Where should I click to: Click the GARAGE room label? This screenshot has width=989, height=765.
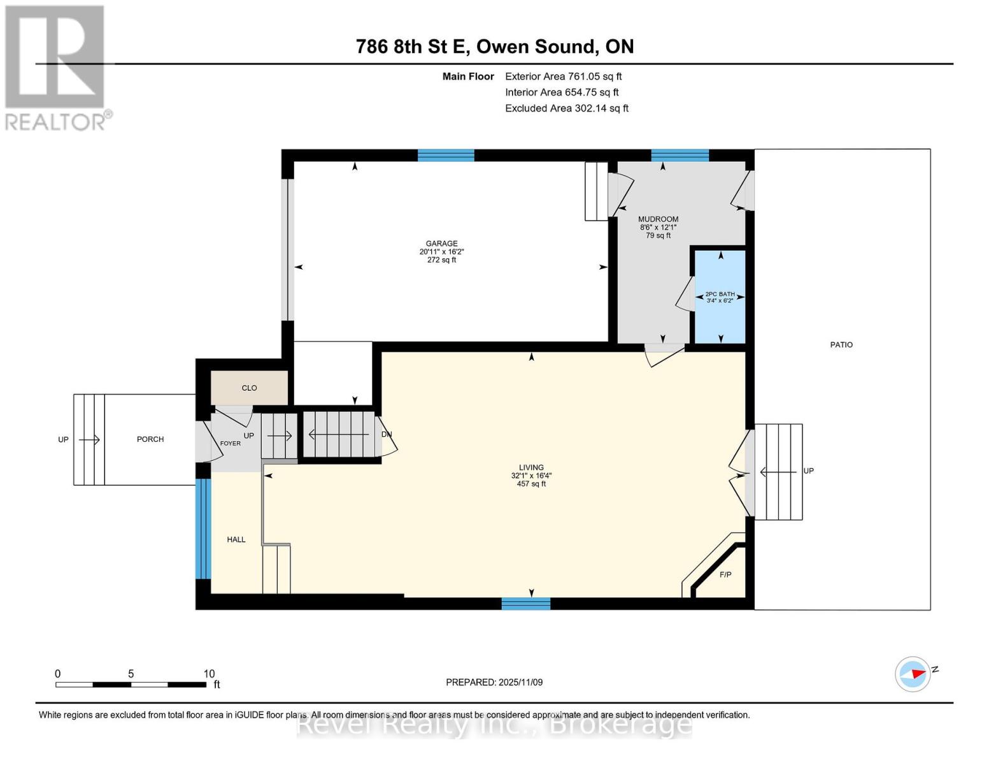point(441,244)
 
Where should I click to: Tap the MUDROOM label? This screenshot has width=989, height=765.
point(658,219)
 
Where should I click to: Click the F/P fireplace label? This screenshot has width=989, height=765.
point(725,575)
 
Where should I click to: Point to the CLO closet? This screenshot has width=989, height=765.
point(249,388)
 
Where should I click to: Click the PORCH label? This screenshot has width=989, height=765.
point(150,439)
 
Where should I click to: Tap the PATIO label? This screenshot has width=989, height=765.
point(841,345)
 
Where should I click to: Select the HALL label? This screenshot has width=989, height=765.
point(236,539)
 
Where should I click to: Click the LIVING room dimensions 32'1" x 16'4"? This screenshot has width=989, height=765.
point(531,476)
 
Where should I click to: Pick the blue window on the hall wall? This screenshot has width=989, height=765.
point(203,528)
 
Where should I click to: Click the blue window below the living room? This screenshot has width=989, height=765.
point(525,604)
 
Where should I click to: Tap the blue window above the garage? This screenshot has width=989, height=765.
point(446,155)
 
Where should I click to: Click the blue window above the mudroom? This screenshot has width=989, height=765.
point(679,155)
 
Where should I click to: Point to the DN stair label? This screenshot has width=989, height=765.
point(387,434)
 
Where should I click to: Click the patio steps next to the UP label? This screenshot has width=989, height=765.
point(778,472)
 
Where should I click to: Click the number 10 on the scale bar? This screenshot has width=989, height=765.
point(209,674)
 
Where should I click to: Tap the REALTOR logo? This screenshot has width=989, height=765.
point(56,67)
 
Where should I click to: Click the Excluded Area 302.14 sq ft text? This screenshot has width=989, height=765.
point(566,108)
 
